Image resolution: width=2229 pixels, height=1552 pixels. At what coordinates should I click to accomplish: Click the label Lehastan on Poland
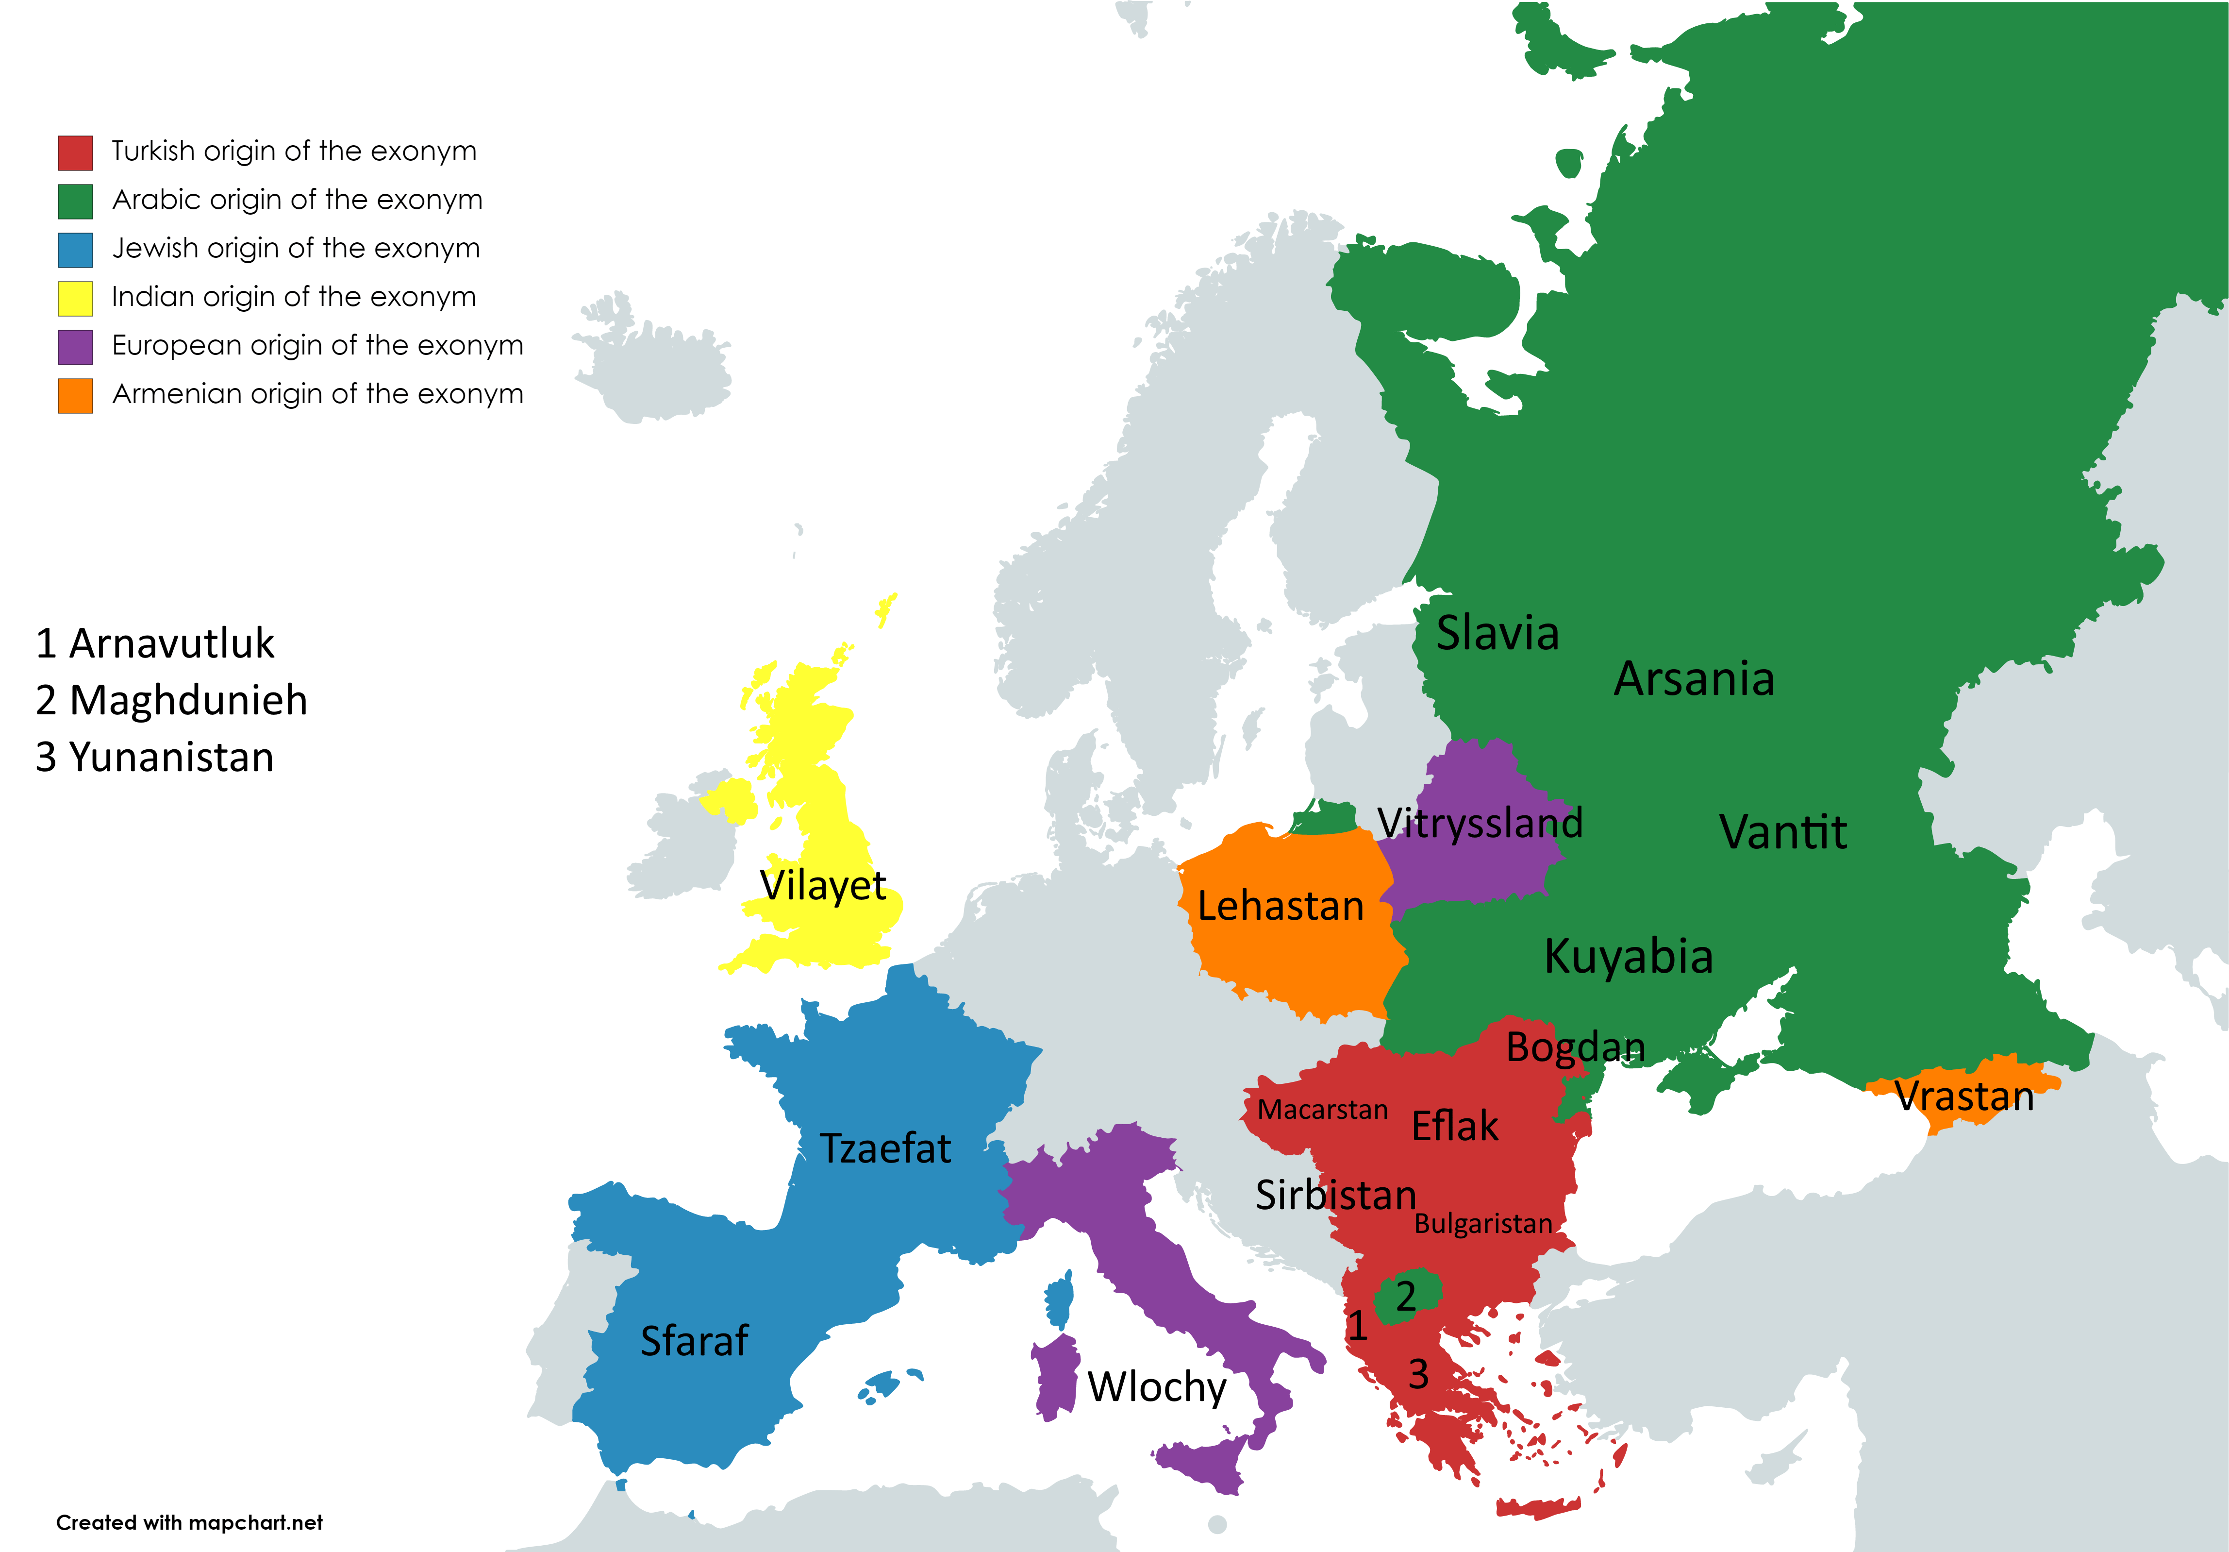pyautogui.click(x=1281, y=906)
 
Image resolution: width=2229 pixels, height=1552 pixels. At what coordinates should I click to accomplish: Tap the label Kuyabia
pyautogui.click(x=1628, y=957)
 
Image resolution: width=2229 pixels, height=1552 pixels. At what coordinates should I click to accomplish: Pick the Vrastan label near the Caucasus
pyautogui.click(x=1964, y=1097)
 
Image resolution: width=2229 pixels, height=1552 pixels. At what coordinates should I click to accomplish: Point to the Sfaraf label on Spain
pyautogui.click(x=694, y=1341)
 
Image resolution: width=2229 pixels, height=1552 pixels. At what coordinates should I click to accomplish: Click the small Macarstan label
pyautogui.click(x=1322, y=1110)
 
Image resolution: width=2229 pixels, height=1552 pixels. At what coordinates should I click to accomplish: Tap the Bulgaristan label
pyautogui.click(x=1482, y=1224)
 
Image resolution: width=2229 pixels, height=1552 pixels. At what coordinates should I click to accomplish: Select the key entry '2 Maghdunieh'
pyautogui.click(x=172, y=700)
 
